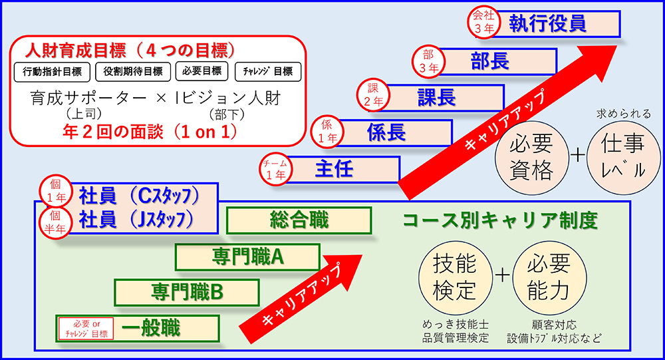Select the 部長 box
click(x=489, y=61)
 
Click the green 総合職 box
click(x=299, y=220)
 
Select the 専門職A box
click(x=248, y=256)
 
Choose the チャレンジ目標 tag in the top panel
click(x=268, y=71)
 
